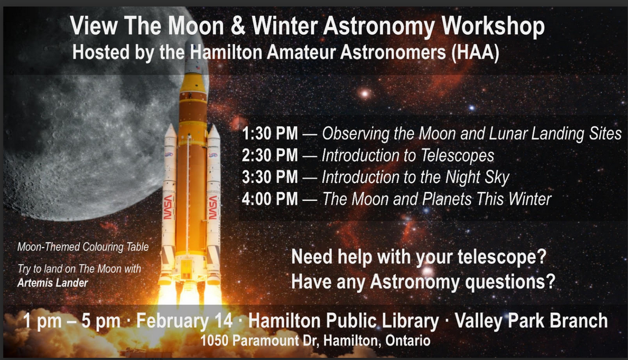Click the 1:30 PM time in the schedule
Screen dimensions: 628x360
coord(270,134)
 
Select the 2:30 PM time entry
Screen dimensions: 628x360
coord(270,155)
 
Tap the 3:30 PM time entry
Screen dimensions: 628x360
coord(270,177)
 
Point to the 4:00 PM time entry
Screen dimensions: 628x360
coord(270,199)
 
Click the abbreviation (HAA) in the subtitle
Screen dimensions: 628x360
coord(475,53)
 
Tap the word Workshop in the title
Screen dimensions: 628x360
coord(493,27)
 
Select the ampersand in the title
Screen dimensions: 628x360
coord(237,26)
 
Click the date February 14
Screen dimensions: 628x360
coord(184,321)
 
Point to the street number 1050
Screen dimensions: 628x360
coord(214,341)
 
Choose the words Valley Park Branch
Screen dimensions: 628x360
coord(531,321)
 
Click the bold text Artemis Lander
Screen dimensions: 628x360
coord(53,283)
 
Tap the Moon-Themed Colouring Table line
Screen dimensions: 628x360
coord(83,247)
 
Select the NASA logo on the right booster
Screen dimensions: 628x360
coord(213,207)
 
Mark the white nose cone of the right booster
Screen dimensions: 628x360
coord(213,132)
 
